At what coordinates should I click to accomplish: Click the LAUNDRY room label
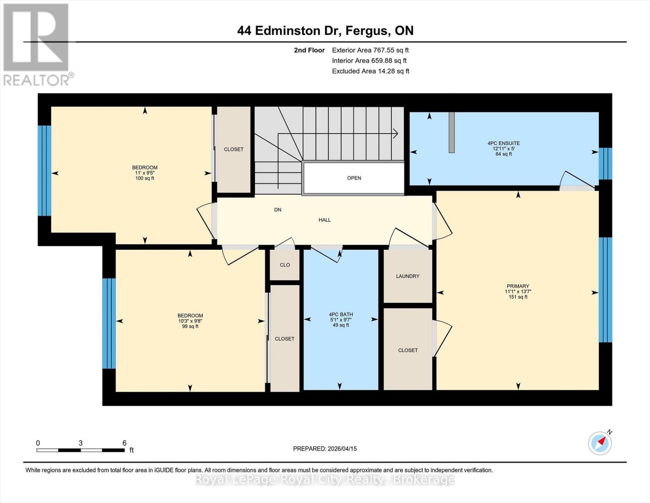(408, 276)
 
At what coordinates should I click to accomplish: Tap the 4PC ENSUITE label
(504, 143)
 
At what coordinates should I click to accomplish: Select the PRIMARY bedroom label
(518, 286)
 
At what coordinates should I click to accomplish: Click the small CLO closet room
(285, 265)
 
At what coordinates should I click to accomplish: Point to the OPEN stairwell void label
(354, 178)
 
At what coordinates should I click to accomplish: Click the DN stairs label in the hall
(277, 210)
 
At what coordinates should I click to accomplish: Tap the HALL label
(324, 220)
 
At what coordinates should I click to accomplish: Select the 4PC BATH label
(341, 314)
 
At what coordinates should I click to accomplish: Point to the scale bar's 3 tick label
(80, 443)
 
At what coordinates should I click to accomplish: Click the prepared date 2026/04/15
(325, 449)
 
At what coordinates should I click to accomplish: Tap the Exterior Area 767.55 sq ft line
(370, 50)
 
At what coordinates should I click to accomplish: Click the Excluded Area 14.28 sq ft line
(370, 71)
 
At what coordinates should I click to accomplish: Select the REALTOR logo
(37, 44)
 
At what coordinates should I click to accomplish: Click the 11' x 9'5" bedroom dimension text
(145, 173)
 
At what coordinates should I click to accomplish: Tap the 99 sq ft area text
(190, 326)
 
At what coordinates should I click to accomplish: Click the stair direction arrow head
(395, 134)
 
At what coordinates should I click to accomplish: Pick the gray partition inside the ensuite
(452, 132)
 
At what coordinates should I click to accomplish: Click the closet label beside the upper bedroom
(234, 149)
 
